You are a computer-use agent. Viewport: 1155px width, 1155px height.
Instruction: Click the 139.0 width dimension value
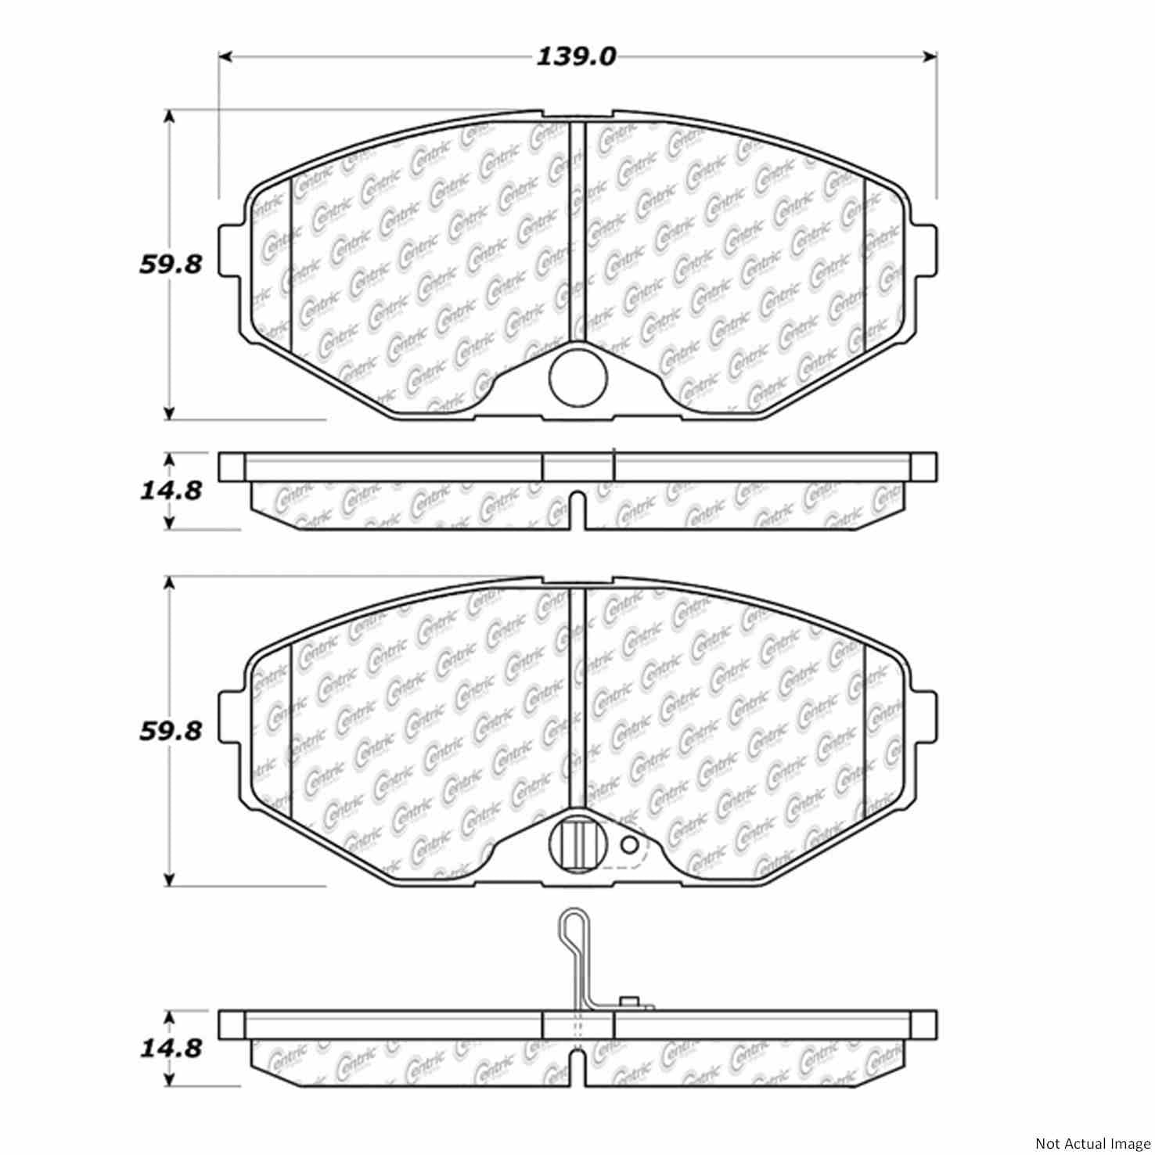tap(576, 56)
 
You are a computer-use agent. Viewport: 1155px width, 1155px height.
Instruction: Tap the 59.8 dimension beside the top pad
tap(171, 264)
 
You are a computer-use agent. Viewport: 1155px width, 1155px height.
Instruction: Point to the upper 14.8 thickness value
tap(171, 491)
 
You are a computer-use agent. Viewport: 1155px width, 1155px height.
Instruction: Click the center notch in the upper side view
tap(577, 509)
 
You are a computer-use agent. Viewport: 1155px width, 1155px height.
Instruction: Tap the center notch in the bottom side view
tap(577, 1066)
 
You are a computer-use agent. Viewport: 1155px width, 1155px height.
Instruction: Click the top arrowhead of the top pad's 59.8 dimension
tap(169, 116)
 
